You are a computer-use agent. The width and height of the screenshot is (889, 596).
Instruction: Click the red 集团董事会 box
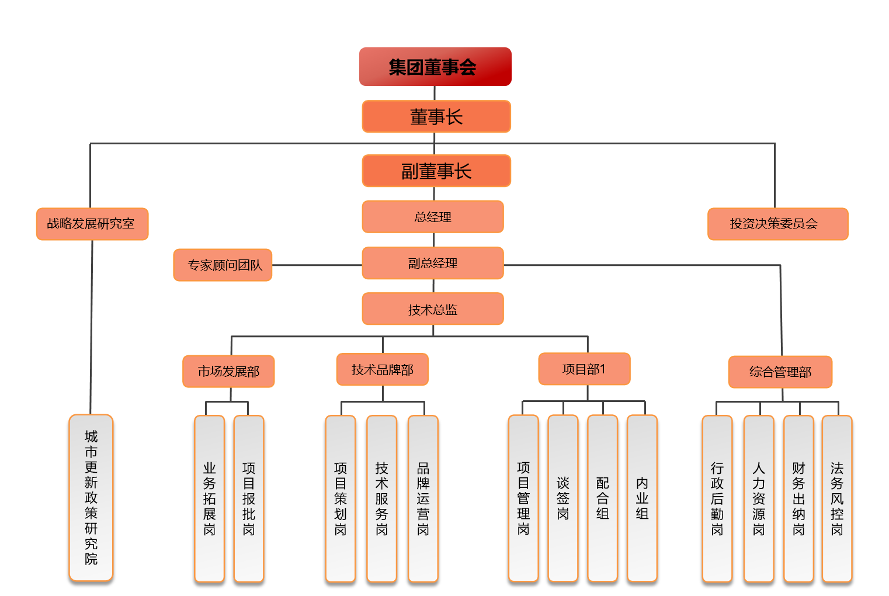point(435,67)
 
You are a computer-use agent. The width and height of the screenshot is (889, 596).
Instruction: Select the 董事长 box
point(436,117)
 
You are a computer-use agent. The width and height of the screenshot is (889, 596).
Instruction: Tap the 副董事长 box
point(436,171)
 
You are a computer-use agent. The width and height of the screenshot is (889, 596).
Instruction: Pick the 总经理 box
point(433,217)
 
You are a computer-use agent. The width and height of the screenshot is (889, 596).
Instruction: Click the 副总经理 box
point(433,263)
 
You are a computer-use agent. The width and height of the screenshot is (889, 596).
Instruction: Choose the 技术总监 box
point(433,309)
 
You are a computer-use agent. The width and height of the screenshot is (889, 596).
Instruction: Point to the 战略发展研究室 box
point(92,224)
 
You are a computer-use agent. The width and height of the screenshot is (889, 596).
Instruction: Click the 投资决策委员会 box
point(777,224)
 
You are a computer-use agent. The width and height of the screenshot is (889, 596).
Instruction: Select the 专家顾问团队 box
point(223,265)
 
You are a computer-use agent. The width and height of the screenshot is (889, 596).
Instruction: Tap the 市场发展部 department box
point(228,372)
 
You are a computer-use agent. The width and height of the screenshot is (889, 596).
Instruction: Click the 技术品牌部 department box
point(383,370)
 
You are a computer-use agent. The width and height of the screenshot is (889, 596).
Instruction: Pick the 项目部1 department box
point(584,369)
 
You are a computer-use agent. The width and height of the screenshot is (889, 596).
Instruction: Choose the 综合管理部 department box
point(780,372)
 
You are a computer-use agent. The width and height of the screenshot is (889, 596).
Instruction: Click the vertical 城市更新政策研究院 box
point(91,498)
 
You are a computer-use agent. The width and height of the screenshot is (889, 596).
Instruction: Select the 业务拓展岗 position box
point(209,498)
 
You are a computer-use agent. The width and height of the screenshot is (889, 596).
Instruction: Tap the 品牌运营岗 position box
point(423,498)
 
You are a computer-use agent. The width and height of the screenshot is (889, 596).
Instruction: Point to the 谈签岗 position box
point(563,498)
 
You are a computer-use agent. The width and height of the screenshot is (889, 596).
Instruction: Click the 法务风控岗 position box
point(837,498)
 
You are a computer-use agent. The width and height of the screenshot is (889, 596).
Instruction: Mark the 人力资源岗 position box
point(759,498)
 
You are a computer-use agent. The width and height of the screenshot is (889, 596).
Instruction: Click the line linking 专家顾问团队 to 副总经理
point(317,265)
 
